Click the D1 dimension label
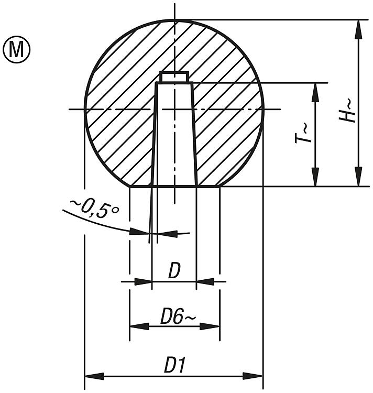coord(174,365)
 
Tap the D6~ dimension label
coord(178,316)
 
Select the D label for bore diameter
coord(174,271)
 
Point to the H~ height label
coord(348,111)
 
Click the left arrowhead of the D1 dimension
coord(94,376)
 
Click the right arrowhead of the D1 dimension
coord(253,376)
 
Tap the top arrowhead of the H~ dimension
coord(359,29)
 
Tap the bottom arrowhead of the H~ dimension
coord(359,177)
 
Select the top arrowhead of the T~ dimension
coord(315,92)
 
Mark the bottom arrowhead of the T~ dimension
coord(315,177)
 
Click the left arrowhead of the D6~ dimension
coord(139,326)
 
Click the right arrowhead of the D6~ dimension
coord(210,326)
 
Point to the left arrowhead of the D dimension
coord(143,282)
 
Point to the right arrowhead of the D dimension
coord(205,282)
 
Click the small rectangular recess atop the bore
coord(174,77)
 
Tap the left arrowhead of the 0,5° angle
coord(139,231)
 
